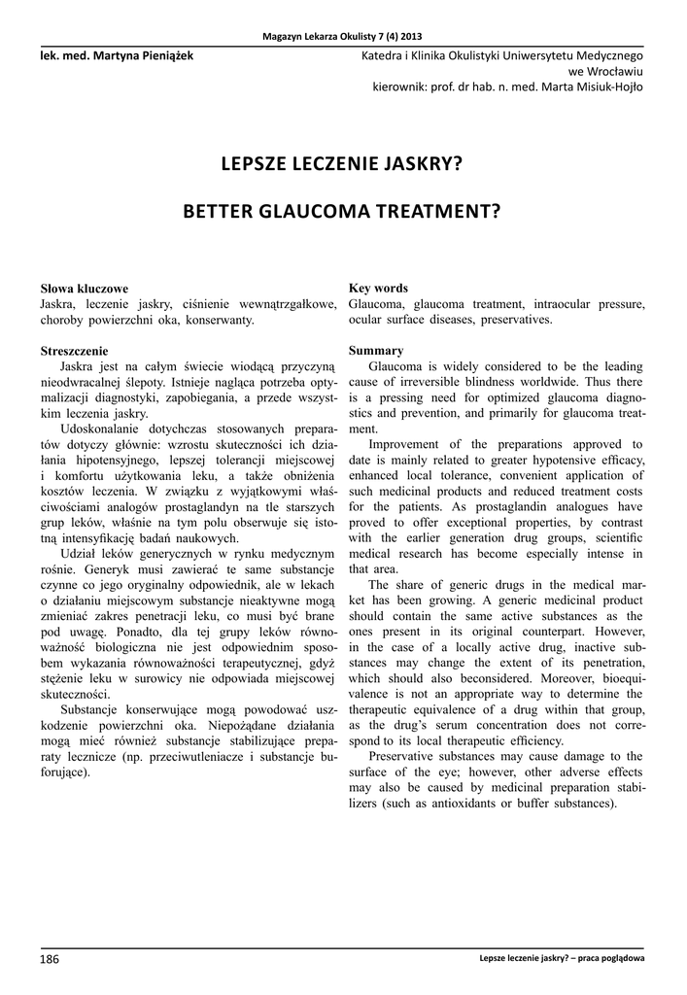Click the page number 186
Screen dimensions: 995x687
(50, 959)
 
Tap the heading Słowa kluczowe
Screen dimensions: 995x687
(84, 289)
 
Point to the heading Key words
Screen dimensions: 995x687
(378, 288)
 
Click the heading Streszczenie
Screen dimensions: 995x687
(74, 350)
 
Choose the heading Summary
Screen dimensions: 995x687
(376, 350)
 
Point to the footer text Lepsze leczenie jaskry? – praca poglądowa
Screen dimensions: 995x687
(562, 959)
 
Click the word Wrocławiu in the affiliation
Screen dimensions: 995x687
(615, 71)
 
